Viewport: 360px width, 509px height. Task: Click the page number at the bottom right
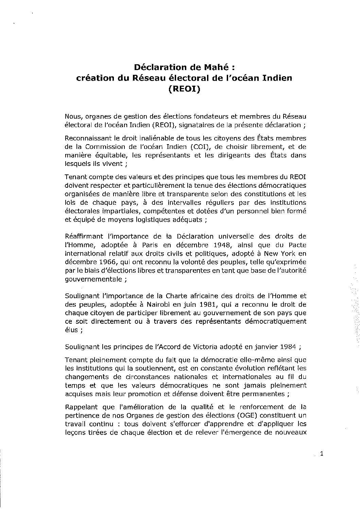321,454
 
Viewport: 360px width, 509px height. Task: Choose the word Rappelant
78,407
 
